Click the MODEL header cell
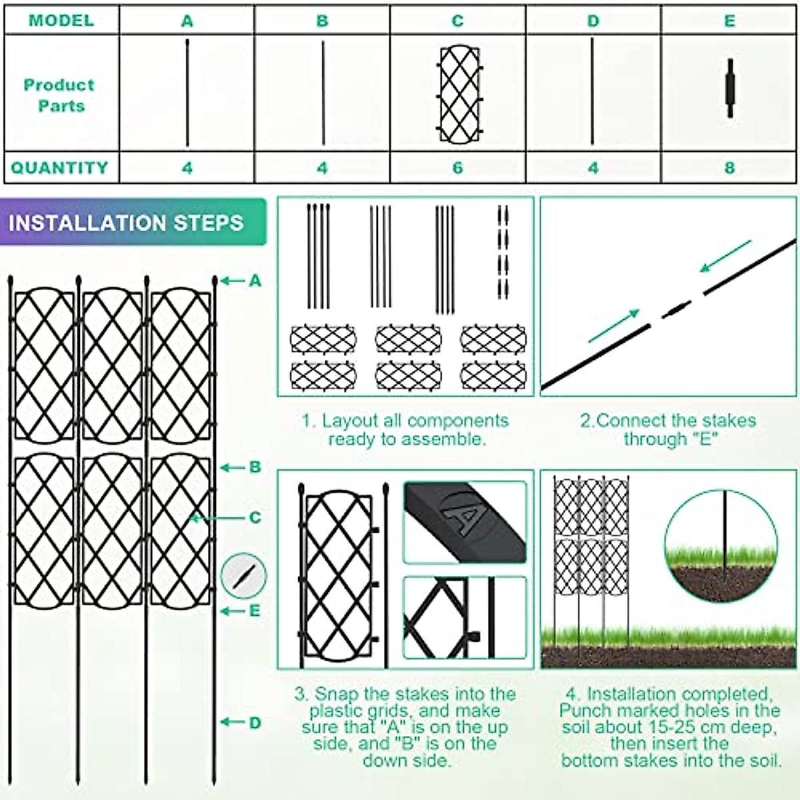[61, 20]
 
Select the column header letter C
[457, 21]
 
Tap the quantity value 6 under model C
[457, 167]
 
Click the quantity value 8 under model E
[729, 167]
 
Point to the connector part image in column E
[729, 89]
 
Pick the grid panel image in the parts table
[459, 94]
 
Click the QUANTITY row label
[60, 167]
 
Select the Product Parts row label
[60, 95]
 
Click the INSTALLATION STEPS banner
[127, 223]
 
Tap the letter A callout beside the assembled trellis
[255, 281]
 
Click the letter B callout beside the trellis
[255, 467]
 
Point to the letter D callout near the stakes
[255, 723]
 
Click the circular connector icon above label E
[244, 575]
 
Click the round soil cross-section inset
[721, 545]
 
